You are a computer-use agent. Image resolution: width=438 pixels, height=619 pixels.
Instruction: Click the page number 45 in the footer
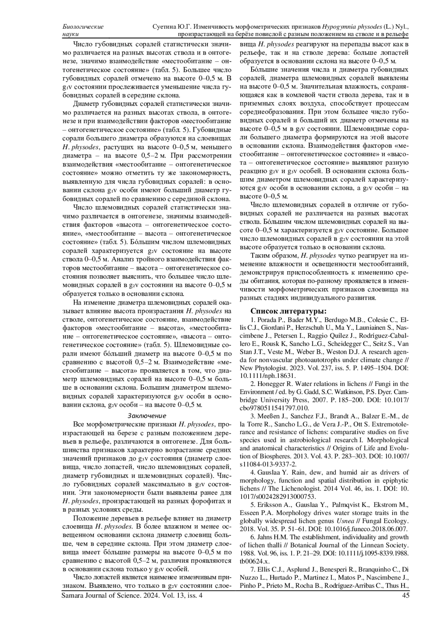(405, 595)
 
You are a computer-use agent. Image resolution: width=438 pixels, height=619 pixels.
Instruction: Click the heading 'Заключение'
(147, 415)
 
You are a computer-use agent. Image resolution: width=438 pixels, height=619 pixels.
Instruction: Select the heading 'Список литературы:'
(288, 311)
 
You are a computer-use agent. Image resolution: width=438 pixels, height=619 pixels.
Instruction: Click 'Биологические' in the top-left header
(83, 27)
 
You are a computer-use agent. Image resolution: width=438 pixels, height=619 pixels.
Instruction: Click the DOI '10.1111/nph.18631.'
(268, 375)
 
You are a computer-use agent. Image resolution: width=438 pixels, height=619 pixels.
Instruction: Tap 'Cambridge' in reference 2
(400, 392)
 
